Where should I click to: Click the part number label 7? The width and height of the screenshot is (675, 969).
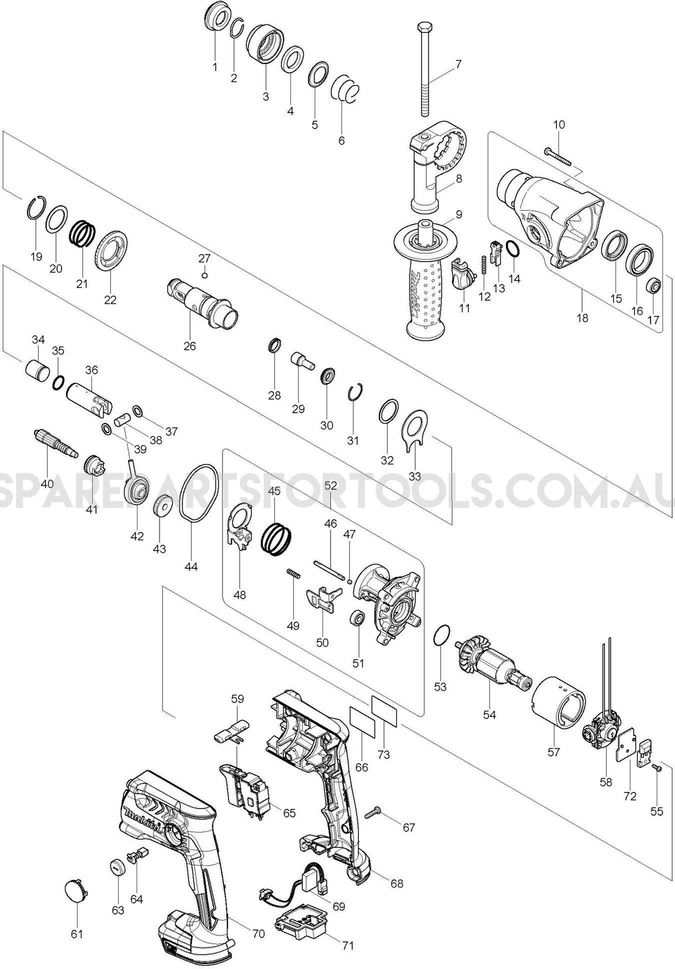click(x=458, y=64)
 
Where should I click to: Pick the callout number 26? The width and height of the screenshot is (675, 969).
click(x=189, y=346)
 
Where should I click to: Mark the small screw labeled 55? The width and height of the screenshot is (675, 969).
click(x=657, y=781)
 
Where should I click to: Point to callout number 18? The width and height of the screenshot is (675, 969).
click(x=582, y=318)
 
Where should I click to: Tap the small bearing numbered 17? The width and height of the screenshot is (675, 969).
click(x=653, y=287)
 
